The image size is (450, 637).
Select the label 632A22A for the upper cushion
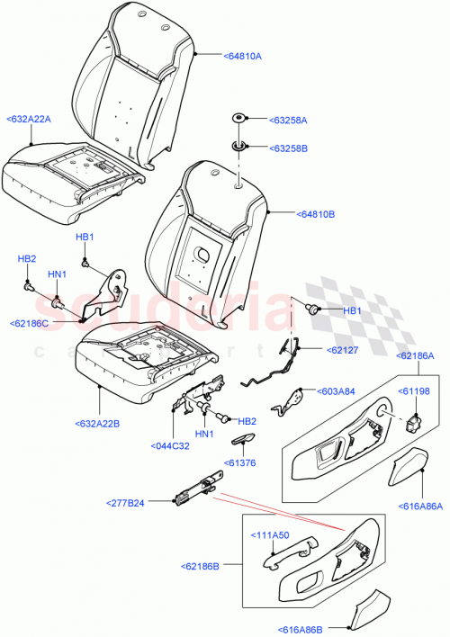tap(29, 118)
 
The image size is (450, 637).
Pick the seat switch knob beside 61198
tap(416, 419)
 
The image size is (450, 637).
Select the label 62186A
tap(418, 356)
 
